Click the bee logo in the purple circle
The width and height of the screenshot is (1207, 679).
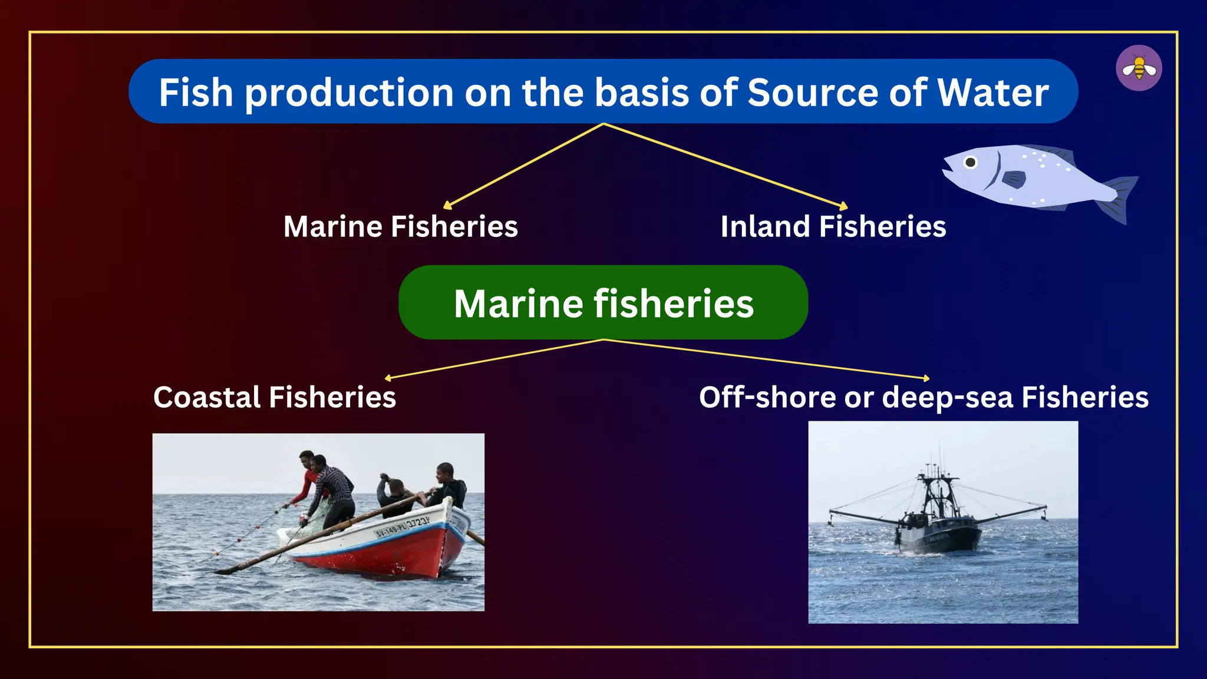click(1139, 68)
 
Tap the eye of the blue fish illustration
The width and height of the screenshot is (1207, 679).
click(970, 162)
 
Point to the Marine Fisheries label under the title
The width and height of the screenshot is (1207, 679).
click(400, 226)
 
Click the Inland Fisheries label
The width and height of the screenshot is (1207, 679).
click(833, 226)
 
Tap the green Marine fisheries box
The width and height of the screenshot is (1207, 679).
click(603, 302)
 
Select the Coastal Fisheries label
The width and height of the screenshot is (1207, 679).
click(275, 397)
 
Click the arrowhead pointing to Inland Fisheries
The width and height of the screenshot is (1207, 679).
click(844, 206)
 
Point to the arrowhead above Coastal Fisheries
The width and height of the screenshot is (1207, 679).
click(388, 378)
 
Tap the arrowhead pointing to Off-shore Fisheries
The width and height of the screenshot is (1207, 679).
click(926, 378)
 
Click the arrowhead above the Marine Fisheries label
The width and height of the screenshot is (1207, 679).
click(447, 206)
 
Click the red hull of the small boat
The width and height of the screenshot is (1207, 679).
click(389, 557)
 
